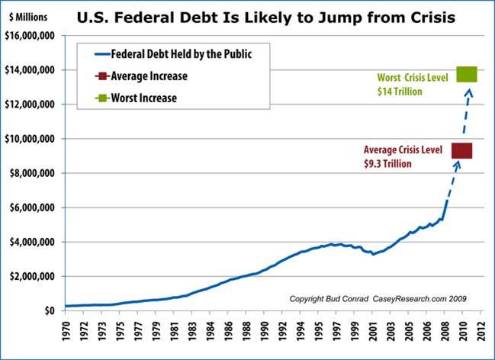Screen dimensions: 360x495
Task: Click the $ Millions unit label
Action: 29,14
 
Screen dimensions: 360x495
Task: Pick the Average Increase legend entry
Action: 148,76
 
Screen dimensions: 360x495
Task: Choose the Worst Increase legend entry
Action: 144,98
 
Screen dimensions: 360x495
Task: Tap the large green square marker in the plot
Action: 466,73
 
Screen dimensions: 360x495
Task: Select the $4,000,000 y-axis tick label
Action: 34,242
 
